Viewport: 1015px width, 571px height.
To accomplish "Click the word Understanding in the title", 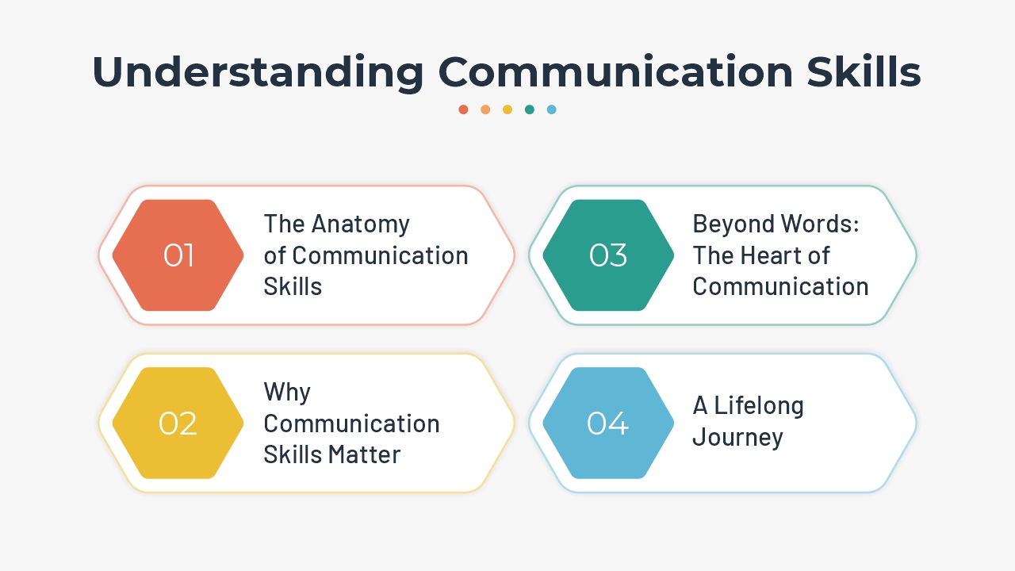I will point(259,72).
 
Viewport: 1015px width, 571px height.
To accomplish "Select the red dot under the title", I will point(463,109).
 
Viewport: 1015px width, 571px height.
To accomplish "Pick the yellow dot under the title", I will point(507,109).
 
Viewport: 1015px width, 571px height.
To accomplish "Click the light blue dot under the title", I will point(552,109).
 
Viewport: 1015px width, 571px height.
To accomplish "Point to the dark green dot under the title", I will point(530,109).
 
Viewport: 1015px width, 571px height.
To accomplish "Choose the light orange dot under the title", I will point(485,109).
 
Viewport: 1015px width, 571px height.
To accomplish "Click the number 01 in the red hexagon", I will point(178,255).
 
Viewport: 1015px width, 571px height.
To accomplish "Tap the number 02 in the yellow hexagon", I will point(178,423).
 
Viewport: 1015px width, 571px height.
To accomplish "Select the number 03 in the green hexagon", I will point(608,255).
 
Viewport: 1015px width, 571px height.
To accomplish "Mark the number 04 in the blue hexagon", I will point(607,423).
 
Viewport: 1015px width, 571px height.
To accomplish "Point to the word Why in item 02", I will point(287,392).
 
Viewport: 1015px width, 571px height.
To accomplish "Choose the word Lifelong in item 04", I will point(759,406).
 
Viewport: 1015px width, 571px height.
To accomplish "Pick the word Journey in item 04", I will point(737,438).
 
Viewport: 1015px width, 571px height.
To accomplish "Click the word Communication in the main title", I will point(615,72).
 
